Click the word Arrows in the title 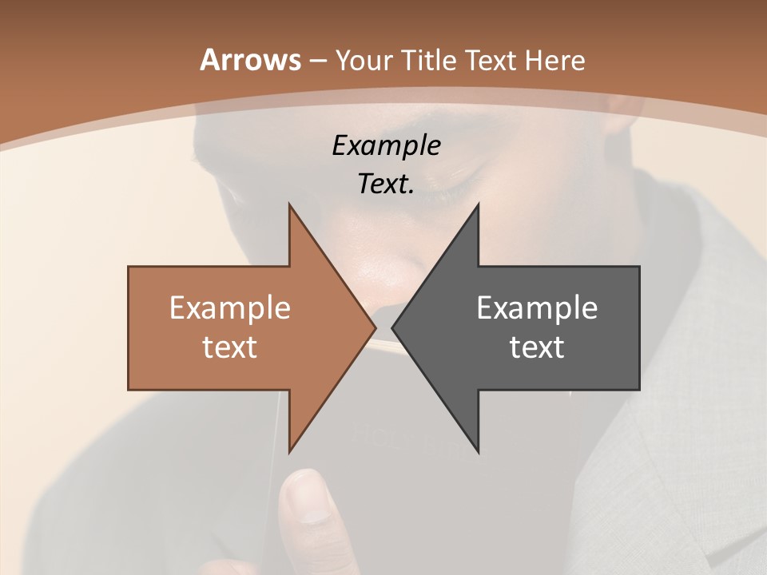(249, 60)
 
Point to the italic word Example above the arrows (386, 145)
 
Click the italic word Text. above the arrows (386, 184)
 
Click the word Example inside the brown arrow (230, 308)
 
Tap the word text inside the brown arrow (230, 347)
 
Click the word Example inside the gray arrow (537, 308)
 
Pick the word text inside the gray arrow (537, 347)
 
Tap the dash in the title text (317, 61)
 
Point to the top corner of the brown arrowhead (289, 205)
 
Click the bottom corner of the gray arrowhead (478, 452)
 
